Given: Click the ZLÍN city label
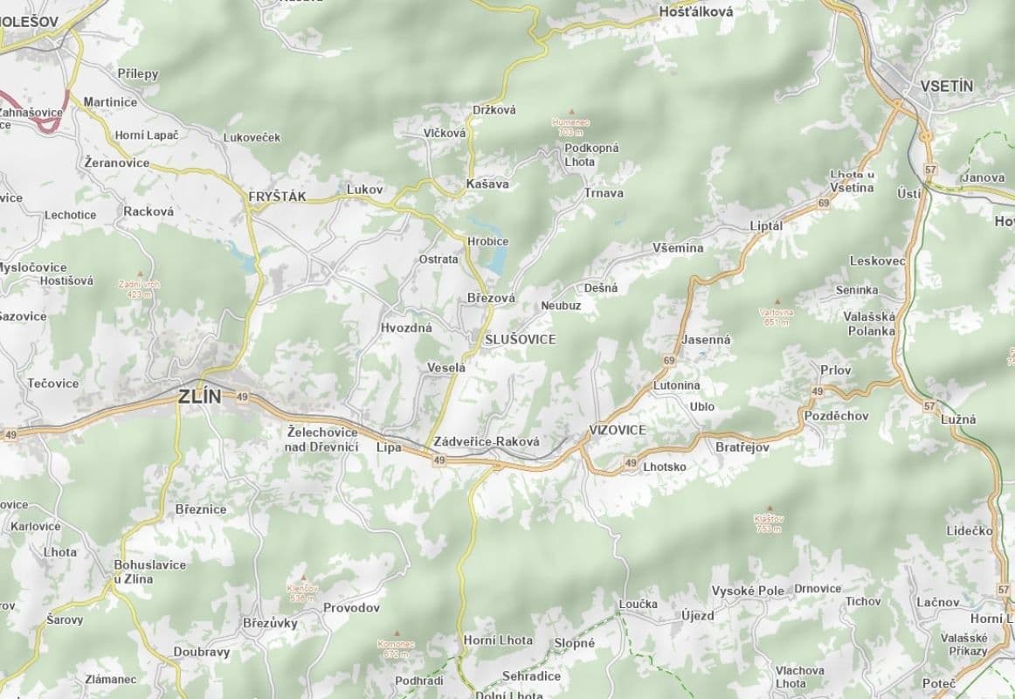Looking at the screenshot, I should click(199, 396).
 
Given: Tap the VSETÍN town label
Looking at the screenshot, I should click(946, 86).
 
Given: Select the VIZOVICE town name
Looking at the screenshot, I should click(617, 430).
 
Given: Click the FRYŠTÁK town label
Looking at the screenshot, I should click(277, 197).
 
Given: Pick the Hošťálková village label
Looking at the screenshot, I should click(695, 12).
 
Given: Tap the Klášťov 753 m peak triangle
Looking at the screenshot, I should click(769, 508).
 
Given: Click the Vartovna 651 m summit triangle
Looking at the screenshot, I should click(777, 301).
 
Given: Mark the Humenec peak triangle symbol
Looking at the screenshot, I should click(572, 112).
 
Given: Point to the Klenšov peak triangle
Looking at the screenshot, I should click(303, 578).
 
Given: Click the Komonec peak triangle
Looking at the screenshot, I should click(397, 633).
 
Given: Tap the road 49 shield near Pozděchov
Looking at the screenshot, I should click(818, 391).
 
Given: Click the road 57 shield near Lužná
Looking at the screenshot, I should click(929, 406).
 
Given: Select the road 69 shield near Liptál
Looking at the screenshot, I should click(824, 204).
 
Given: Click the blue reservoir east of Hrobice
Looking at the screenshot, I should click(496, 259).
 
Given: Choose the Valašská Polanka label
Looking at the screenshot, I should click(869, 324).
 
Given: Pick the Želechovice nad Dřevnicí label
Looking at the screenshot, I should click(322, 439).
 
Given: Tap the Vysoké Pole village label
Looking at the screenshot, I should click(748, 591).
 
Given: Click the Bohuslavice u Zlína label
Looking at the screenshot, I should click(149, 571).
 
